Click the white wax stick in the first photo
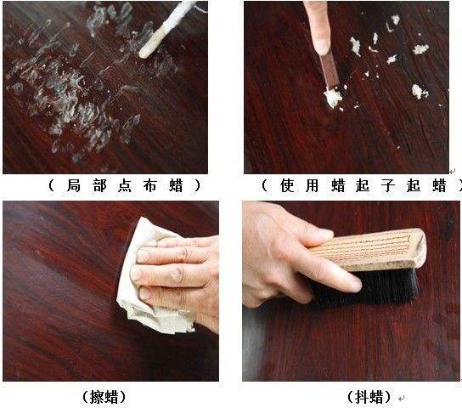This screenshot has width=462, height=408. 167,29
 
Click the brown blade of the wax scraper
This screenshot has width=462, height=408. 329,71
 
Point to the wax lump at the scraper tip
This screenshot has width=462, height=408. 333,97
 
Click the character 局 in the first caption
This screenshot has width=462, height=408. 74,185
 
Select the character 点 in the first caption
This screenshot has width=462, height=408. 125,185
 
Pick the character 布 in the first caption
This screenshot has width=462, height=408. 150,185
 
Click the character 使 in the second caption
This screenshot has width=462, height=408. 287,185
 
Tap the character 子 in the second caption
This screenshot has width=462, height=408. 388,185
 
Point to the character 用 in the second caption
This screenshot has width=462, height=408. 312,185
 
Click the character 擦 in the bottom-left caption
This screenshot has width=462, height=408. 97,397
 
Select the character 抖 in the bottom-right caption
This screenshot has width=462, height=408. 362,397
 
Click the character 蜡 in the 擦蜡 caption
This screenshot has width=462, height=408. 111,397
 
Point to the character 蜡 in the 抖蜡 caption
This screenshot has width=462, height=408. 376,397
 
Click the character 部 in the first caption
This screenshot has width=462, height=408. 99,185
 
